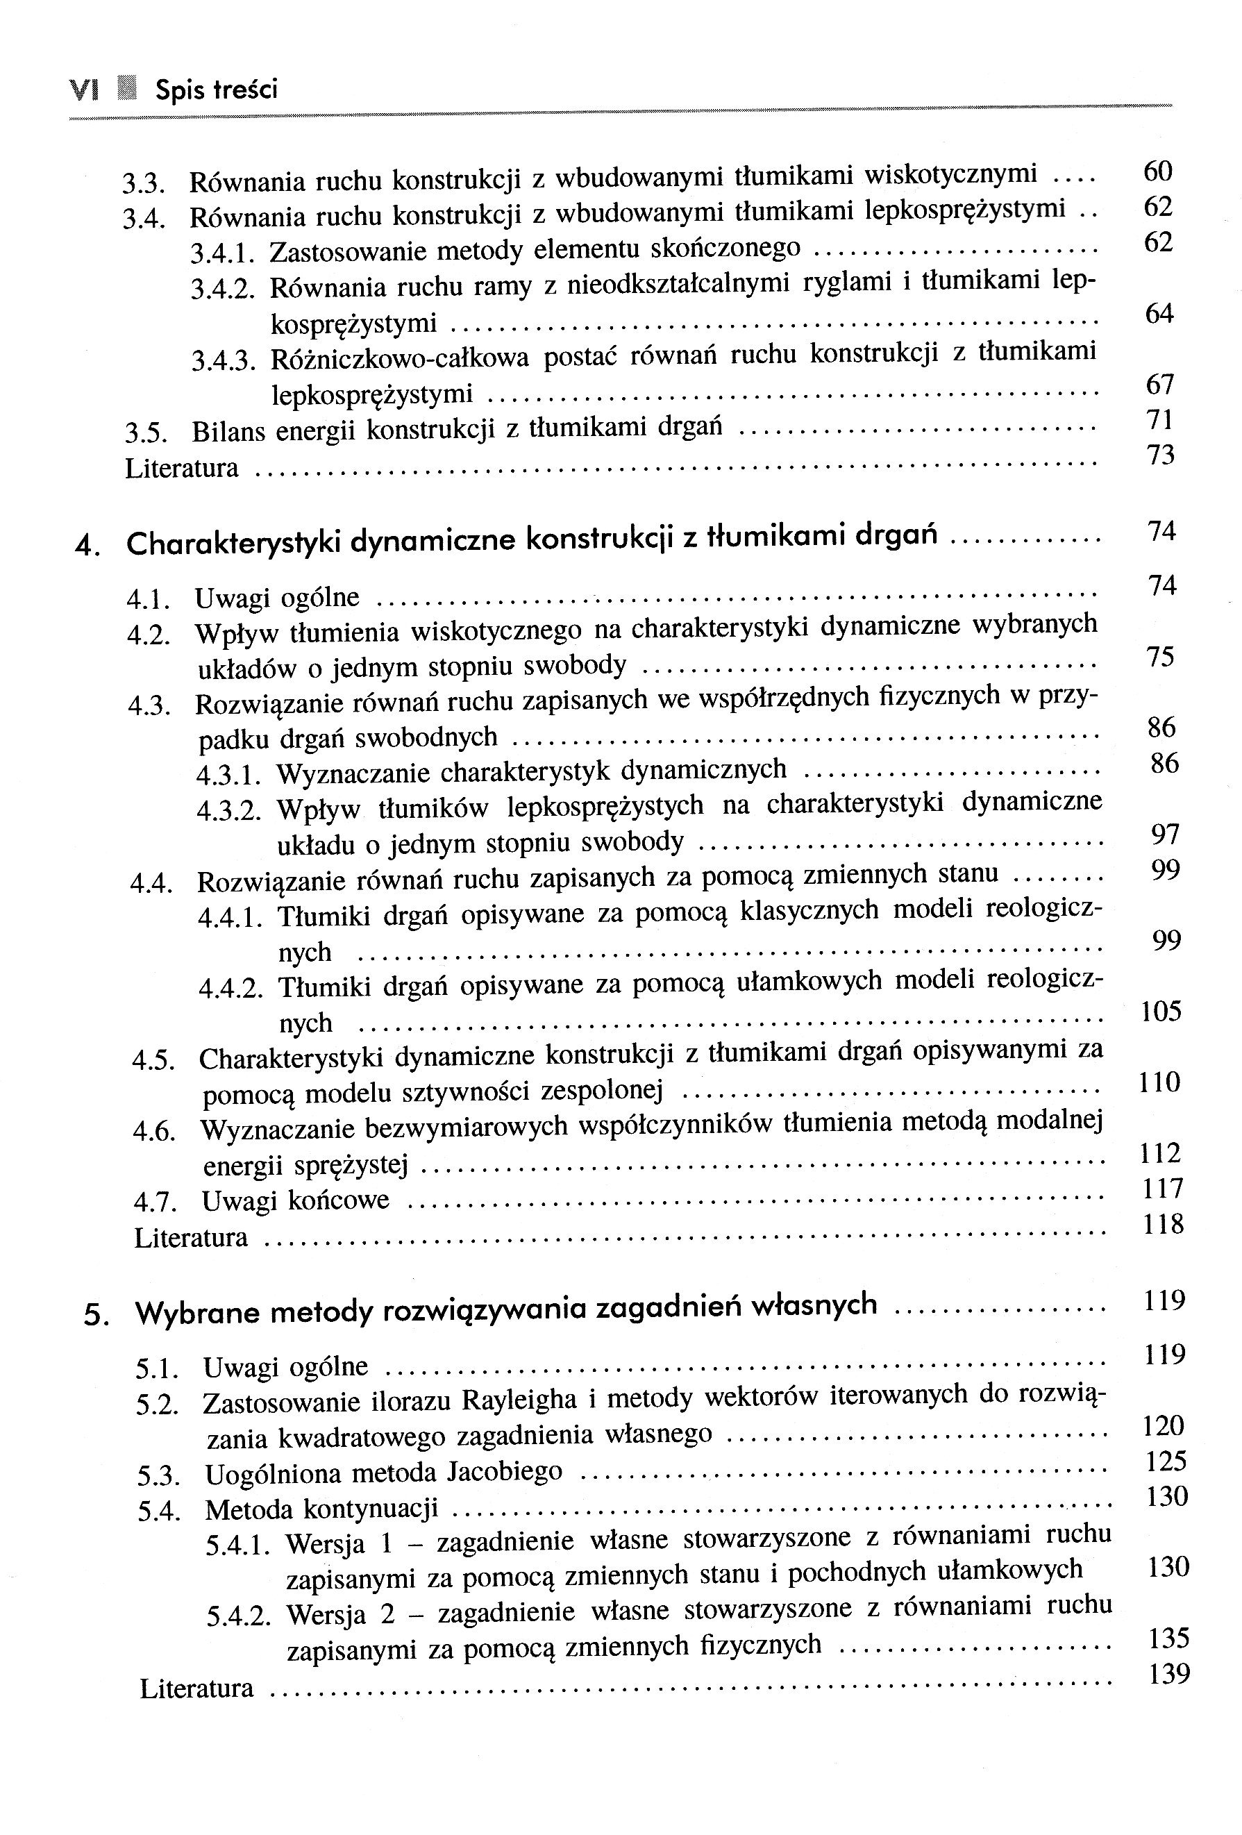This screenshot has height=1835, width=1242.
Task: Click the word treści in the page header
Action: click(x=248, y=90)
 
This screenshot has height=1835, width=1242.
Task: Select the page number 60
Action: click(x=1157, y=171)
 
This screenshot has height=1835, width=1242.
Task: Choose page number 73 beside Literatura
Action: click(x=1160, y=455)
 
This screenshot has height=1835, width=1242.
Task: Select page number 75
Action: click(x=1161, y=657)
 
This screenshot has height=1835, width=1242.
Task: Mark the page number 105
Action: click(x=1161, y=1012)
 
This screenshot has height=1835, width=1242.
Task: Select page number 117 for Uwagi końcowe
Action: click(x=1162, y=1189)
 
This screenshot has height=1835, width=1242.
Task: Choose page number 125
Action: click(x=1166, y=1461)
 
